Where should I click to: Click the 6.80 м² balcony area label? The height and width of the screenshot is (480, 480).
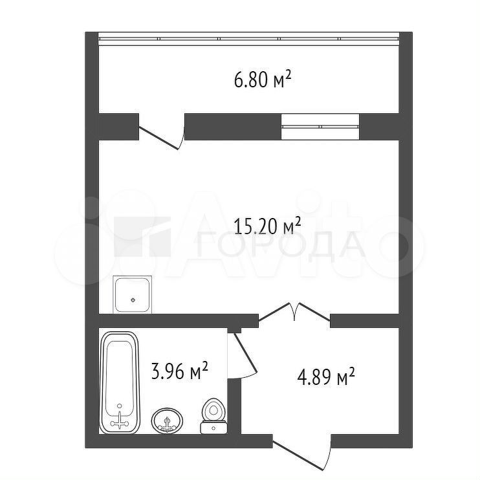point(263,80)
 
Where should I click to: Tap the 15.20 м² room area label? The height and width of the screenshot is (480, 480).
point(267,226)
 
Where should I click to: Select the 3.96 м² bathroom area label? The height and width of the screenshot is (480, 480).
point(180,371)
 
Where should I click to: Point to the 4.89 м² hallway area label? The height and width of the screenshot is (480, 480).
point(326,376)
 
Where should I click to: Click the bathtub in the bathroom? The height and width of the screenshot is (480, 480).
point(120,382)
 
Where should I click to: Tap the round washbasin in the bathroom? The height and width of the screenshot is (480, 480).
point(167,420)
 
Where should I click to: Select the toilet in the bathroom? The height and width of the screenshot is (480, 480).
point(213,416)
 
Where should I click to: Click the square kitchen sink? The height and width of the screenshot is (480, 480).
point(132,294)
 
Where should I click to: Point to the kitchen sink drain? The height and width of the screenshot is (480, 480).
point(133,300)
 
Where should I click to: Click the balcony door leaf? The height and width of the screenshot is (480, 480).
point(158,138)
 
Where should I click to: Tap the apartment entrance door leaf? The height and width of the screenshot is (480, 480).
point(298,455)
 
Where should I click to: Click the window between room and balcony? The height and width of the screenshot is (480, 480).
point(320,126)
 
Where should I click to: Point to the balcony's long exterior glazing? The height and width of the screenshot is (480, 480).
point(248,39)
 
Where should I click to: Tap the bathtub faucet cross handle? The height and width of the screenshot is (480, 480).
point(120,423)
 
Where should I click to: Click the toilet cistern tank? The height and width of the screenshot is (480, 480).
point(213,428)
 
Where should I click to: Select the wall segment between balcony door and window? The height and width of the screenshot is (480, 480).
point(233,127)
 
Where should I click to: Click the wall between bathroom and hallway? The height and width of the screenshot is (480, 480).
point(234,406)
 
